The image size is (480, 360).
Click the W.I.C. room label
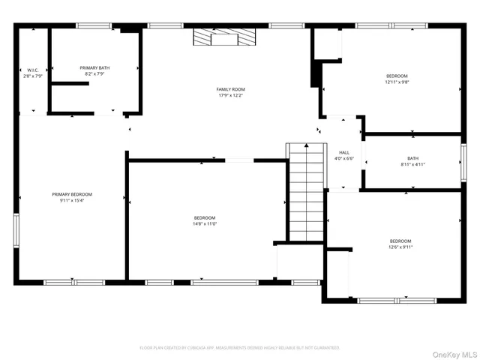(32, 70)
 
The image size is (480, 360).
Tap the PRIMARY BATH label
(95, 67)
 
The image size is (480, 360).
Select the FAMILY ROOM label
(231, 89)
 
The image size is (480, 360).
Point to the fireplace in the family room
(223, 38)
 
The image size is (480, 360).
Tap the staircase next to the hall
(306, 191)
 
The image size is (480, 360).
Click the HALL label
(344, 152)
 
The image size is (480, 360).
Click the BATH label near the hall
(413, 157)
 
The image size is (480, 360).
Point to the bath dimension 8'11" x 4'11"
(413, 164)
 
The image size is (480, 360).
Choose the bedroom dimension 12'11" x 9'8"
(397, 82)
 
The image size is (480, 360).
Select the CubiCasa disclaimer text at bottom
(240, 348)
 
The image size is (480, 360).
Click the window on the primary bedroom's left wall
(16, 230)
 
